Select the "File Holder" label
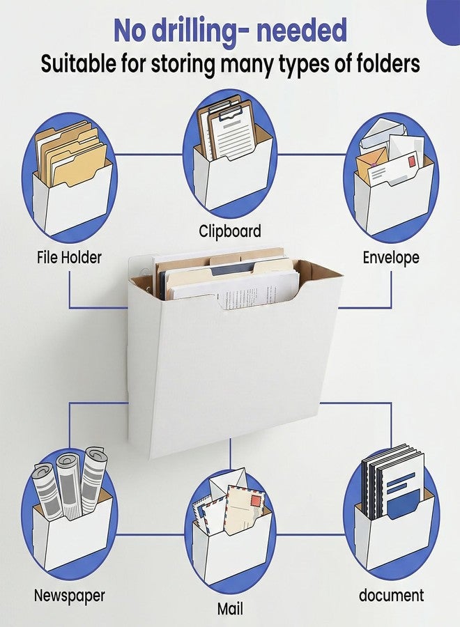pyautogui.click(x=69, y=257)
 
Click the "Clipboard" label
pyautogui.click(x=230, y=231)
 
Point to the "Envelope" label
pyautogui.click(x=391, y=257)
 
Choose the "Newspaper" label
pyautogui.click(x=69, y=596)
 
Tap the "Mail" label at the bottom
pyautogui.click(x=230, y=609)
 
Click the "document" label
pyautogui.click(x=391, y=596)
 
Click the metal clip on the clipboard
pyautogui.click(x=229, y=114)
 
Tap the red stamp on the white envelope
pyautogui.click(x=411, y=162)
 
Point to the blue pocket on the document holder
pyautogui.click(x=404, y=504)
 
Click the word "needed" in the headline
pyautogui.click(x=302, y=31)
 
